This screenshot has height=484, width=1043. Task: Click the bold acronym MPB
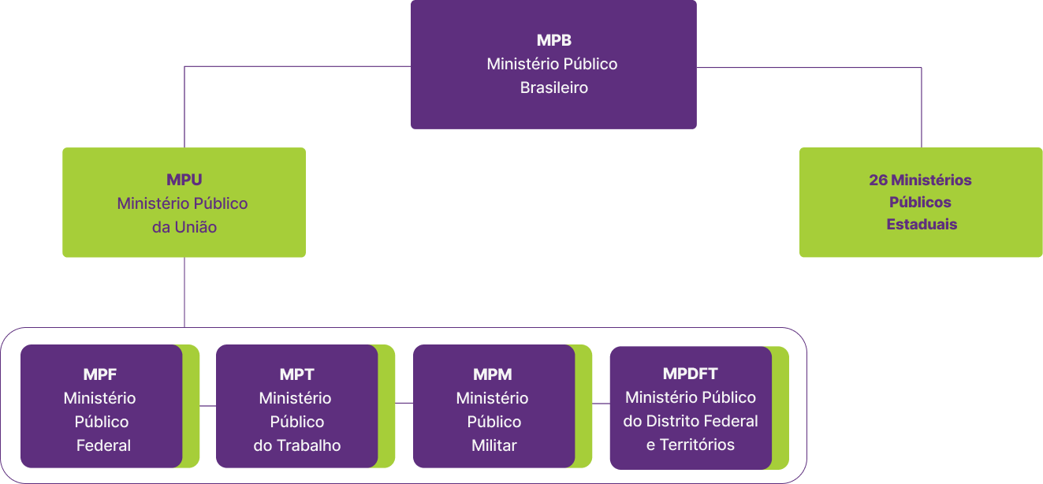(x=553, y=40)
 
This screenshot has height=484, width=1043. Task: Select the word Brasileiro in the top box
(x=553, y=87)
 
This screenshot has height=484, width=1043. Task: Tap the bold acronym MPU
(x=184, y=180)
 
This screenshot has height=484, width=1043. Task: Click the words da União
(x=184, y=227)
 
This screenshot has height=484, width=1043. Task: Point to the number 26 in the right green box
(x=878, y=180)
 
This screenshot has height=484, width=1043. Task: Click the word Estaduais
(x=921, y=224)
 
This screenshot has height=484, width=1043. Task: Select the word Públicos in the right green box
(x=921, y=202)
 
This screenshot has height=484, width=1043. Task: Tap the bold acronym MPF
(x=100, y=374)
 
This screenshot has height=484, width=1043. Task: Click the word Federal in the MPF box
(x=103, y=445)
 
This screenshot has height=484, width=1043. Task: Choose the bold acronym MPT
(x=296, y=374)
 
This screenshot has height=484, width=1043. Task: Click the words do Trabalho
(x=296, y=445)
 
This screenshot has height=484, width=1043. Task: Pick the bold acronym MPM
(x=493, y=374)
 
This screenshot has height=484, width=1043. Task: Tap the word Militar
(x=494, y=445)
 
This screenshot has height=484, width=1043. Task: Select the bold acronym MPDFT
(x=690, y=374)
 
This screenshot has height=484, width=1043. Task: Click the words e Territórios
(x=690, y=445)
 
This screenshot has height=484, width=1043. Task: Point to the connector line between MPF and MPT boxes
(x=208, y=404)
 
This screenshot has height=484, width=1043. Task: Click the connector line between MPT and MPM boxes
(x=404, y=402)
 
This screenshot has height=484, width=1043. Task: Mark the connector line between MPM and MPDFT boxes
(x=601, y=404)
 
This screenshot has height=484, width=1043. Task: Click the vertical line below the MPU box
(x=184, y=292)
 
